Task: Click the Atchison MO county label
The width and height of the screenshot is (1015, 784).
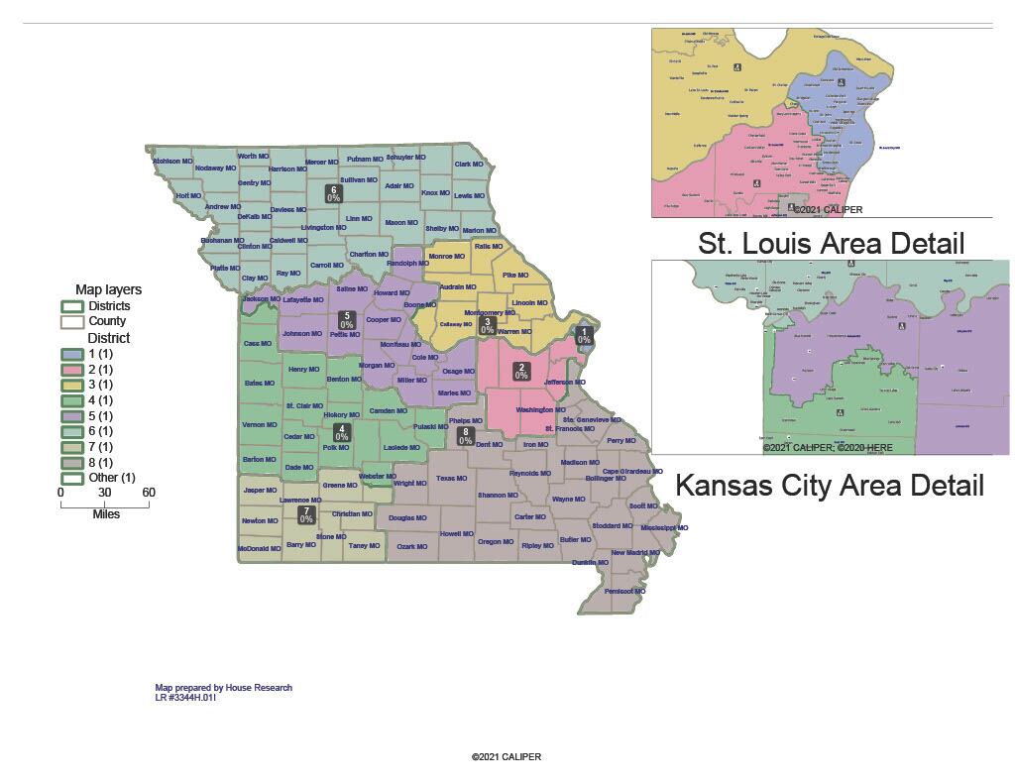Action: click(x=172, y=161)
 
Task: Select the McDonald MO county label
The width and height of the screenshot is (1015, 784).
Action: click(x=260, y=548)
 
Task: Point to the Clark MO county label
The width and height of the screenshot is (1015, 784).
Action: click(x=469, y=165)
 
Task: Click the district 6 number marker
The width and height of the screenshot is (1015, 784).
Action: click(x=334, y=193)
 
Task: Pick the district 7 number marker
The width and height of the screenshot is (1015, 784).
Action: click(x=306, y=514)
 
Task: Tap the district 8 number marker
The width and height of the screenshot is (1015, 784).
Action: click(x=465, y=435)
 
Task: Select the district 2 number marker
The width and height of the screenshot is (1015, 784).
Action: click(x=520, y=371)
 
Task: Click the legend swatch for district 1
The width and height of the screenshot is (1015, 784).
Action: click(x=71, y=353)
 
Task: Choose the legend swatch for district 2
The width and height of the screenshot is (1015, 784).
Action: click(x=71, y=369)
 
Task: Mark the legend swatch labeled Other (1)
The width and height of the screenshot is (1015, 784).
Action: click(x=71, y=479)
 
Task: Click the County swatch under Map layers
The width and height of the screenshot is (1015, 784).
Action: click(x=71, y=321)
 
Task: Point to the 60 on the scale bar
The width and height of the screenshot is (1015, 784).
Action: click(x=148, y=493)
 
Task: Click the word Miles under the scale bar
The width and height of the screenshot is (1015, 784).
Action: click(x=106, y=514)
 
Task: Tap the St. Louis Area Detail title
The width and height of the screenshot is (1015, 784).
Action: click(x=832, y=243)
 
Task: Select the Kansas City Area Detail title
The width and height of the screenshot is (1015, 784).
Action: click(x=829, y=486)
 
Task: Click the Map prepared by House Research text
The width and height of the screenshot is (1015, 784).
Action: click(x=224, y=687)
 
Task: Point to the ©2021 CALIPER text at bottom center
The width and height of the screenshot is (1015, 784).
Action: click(x=507, y=757)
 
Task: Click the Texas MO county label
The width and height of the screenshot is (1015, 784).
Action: click(x=451, y=479)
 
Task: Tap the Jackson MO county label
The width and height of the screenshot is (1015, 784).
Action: click(x=262, y=299)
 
